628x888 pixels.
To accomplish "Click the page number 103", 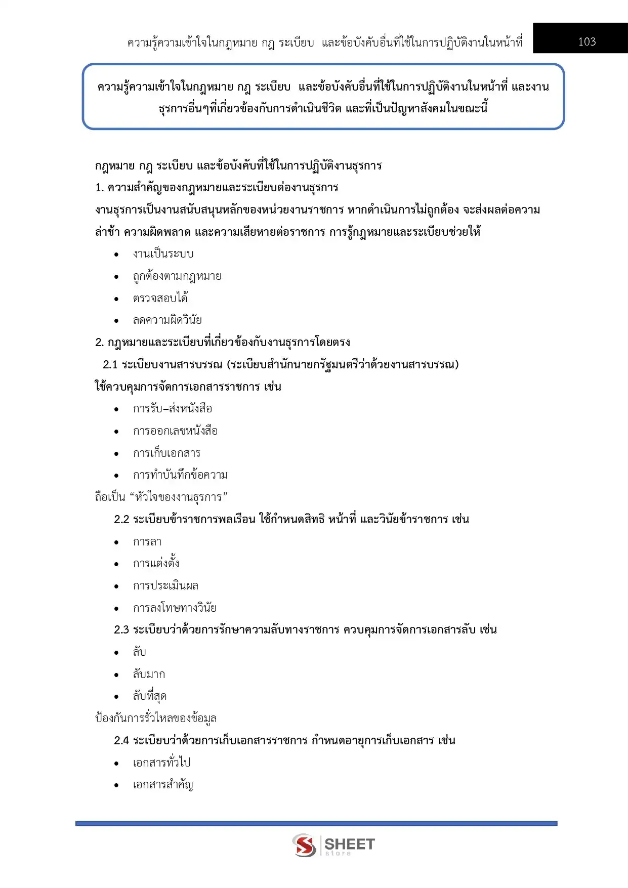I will [x=587, y=42].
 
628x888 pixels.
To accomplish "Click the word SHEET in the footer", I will [x=349, y=843].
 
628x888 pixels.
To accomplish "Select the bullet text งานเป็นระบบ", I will [x=163, y=254].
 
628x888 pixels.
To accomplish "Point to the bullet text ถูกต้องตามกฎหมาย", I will [x=177, y=276].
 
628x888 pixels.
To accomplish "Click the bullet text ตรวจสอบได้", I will [x=160, y=299].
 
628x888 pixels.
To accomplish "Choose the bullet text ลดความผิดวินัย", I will [x=168, y=320].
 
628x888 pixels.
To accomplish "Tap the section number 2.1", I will [x=110, y=365].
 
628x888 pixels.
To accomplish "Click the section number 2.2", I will [x=121, y=520].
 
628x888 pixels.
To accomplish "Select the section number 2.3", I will [x=121, y=630].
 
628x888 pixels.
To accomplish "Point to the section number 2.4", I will [x=121, y=741].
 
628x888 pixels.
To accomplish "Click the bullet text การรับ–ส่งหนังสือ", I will [x=173, y=409].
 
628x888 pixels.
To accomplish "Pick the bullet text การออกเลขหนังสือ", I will [x=175, y=431].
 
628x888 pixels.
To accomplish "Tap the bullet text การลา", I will [x=147, y=542].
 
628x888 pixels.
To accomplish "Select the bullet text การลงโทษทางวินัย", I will [x=175, y=608].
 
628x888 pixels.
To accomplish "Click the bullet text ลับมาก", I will [x=149, y=674].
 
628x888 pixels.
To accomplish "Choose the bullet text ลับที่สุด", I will [x=150, y=697].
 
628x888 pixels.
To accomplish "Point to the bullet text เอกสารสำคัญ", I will [x=163, y=785].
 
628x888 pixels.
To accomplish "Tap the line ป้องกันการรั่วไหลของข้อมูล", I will [x=156, y=718].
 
